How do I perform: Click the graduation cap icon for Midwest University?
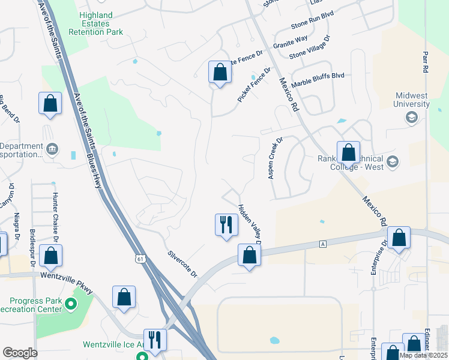[x=412, y=117]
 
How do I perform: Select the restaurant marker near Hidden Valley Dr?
[x=226, y=226]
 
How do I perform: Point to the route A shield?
[x=322, y=244]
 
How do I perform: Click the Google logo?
[x=19, y=352]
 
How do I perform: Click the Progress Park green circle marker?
[x=71, y=304]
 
